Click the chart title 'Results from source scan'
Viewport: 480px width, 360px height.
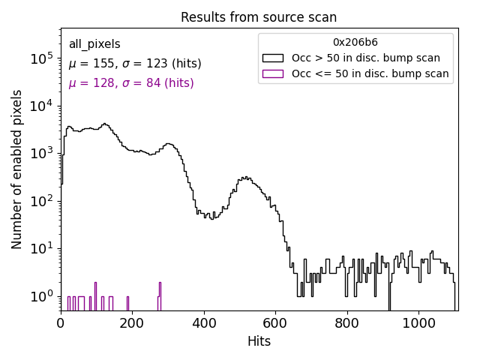[259, 17]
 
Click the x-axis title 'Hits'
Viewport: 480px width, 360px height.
[259, 341]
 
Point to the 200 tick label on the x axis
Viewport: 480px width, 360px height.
[133, 324]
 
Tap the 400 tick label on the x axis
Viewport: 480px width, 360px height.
[204, 324]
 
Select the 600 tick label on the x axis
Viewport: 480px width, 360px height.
[275, 324]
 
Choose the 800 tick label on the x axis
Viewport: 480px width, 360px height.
[346, 324]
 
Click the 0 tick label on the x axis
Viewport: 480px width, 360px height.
[61, 324]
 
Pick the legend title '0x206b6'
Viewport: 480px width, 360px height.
[355, 42]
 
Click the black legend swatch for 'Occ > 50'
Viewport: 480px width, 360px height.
[272, 58]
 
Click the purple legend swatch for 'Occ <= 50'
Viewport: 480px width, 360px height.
[272, 73]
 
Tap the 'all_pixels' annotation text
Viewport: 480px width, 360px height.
[94, 44]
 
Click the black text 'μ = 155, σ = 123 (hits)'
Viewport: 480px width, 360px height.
[135, 64]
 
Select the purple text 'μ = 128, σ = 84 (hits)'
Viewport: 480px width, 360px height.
[131, 83]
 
